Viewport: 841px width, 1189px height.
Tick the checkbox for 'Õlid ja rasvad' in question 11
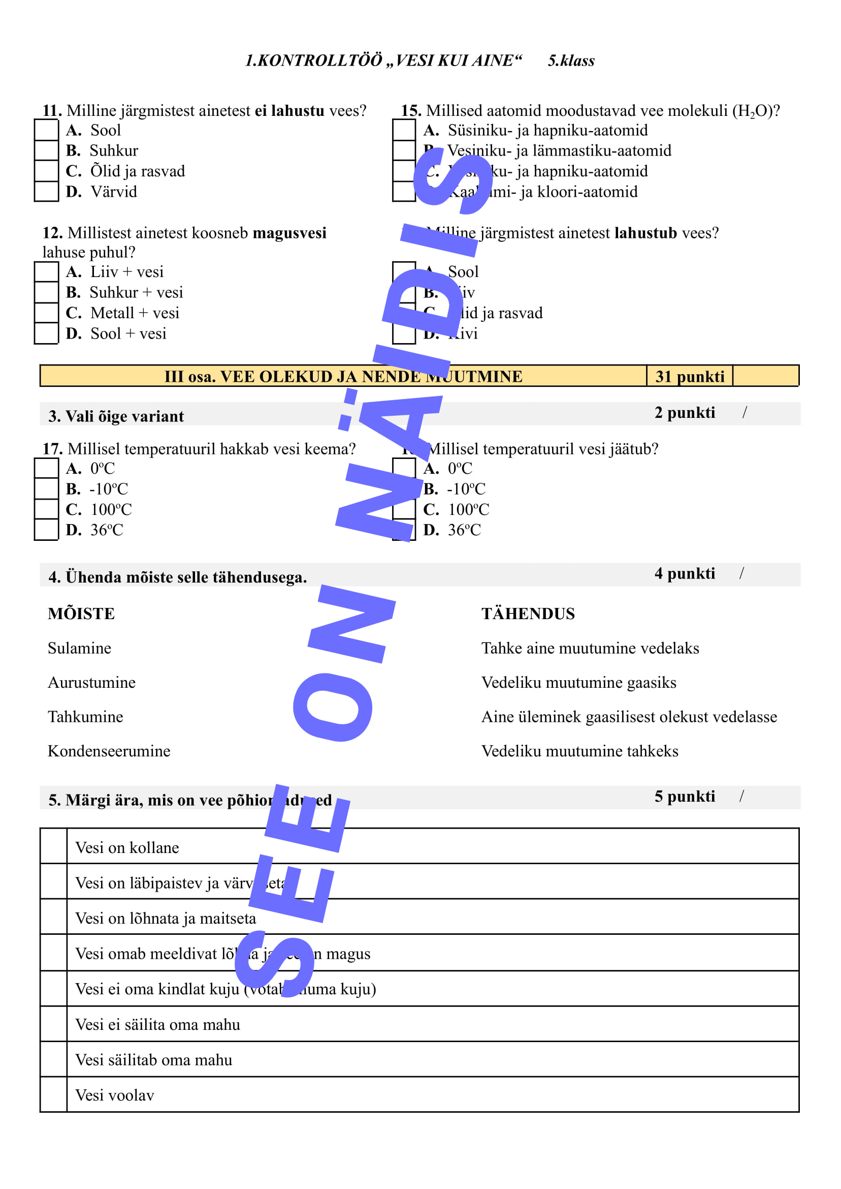point(46,170)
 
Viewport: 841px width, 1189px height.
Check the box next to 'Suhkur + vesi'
point(46,292)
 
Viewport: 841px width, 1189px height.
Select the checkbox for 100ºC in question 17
point(46,509)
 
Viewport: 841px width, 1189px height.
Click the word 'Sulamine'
point(79,648)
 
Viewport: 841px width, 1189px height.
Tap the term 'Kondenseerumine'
point(109,751)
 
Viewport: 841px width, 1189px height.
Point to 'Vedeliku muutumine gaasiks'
point(578,682)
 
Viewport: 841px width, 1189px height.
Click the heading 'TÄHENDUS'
point(528,614)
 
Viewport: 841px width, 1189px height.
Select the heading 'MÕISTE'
point(81,614)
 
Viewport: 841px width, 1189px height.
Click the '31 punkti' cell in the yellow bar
point(689,376)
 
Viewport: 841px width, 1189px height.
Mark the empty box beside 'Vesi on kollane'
point(53,847)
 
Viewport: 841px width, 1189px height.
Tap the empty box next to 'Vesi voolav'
point(53,1094)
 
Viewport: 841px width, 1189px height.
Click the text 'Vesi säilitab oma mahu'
point(153,1059)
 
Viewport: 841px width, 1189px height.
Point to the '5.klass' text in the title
point(571,60)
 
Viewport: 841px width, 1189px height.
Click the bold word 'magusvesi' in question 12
point(289,233)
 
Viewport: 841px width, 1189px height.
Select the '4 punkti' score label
point(684,573)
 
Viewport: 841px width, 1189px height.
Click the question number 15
point(411,110)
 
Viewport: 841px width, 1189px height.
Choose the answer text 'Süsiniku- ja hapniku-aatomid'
point(547,130)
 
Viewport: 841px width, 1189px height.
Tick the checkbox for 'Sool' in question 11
point(46,130)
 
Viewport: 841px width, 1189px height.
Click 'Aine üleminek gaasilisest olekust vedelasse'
point(629,717)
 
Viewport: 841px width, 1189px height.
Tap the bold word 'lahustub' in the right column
point(645,233)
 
